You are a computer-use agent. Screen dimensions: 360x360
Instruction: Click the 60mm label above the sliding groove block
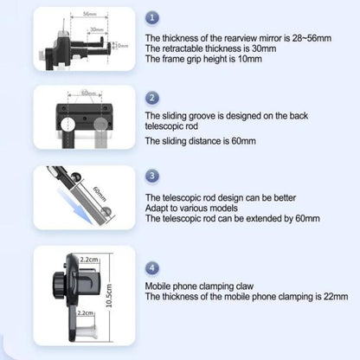pos(87,93)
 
